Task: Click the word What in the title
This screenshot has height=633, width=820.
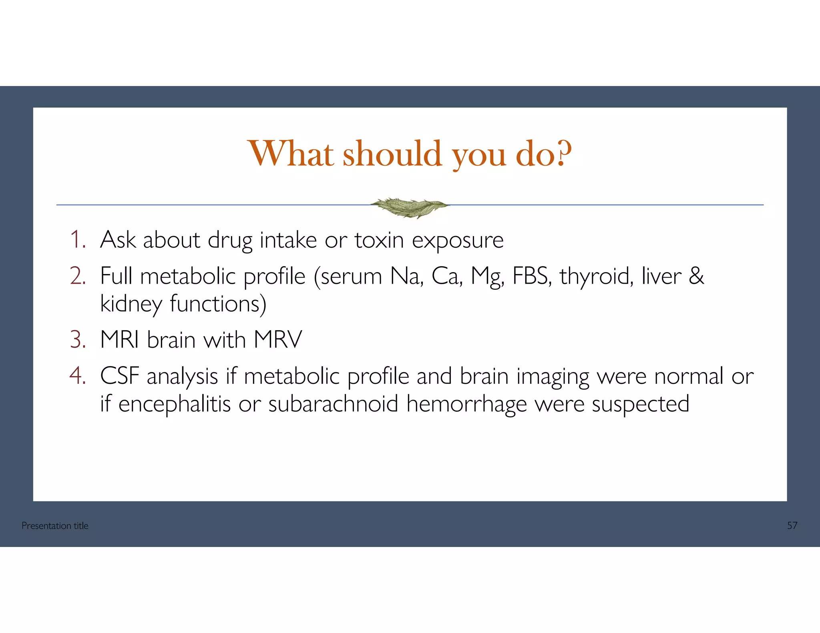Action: point(291,154)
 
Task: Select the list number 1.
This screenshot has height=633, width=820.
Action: point(77,240)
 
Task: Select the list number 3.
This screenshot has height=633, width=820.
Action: point(78,340)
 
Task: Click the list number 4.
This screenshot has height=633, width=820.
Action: point(78,376)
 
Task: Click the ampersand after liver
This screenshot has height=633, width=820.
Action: point(696,276)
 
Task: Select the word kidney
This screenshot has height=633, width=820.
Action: point(131,304)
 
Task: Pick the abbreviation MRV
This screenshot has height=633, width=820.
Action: point(278,340)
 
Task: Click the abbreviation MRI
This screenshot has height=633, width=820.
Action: point(119,340)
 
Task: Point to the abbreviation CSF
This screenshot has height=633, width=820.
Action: point(119,376)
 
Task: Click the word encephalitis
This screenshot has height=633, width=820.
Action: point(175,404)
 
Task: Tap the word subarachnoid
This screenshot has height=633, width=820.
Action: point(333,404)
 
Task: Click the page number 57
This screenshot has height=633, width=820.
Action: point(792,526)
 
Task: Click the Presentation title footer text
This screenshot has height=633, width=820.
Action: point(55,526)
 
